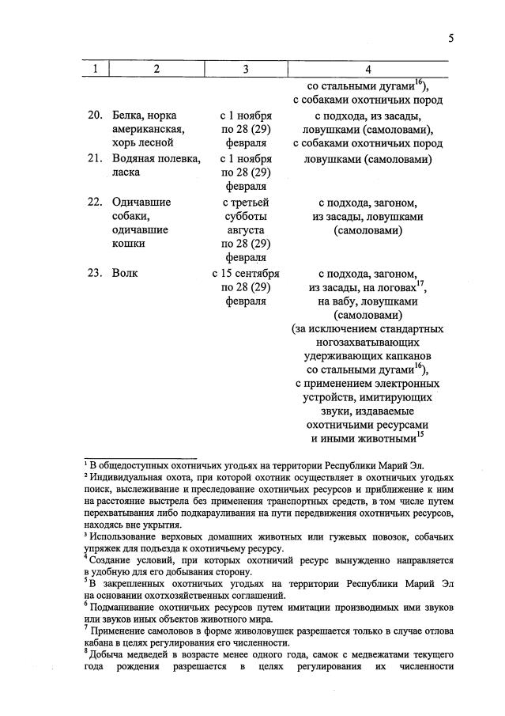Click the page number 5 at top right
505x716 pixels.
tap(450, 38)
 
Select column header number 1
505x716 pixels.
tap(95, 69)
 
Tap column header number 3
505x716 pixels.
tap(246, 69)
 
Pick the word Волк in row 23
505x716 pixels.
tap(126, 273)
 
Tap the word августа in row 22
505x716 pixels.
tap(246, 229)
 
